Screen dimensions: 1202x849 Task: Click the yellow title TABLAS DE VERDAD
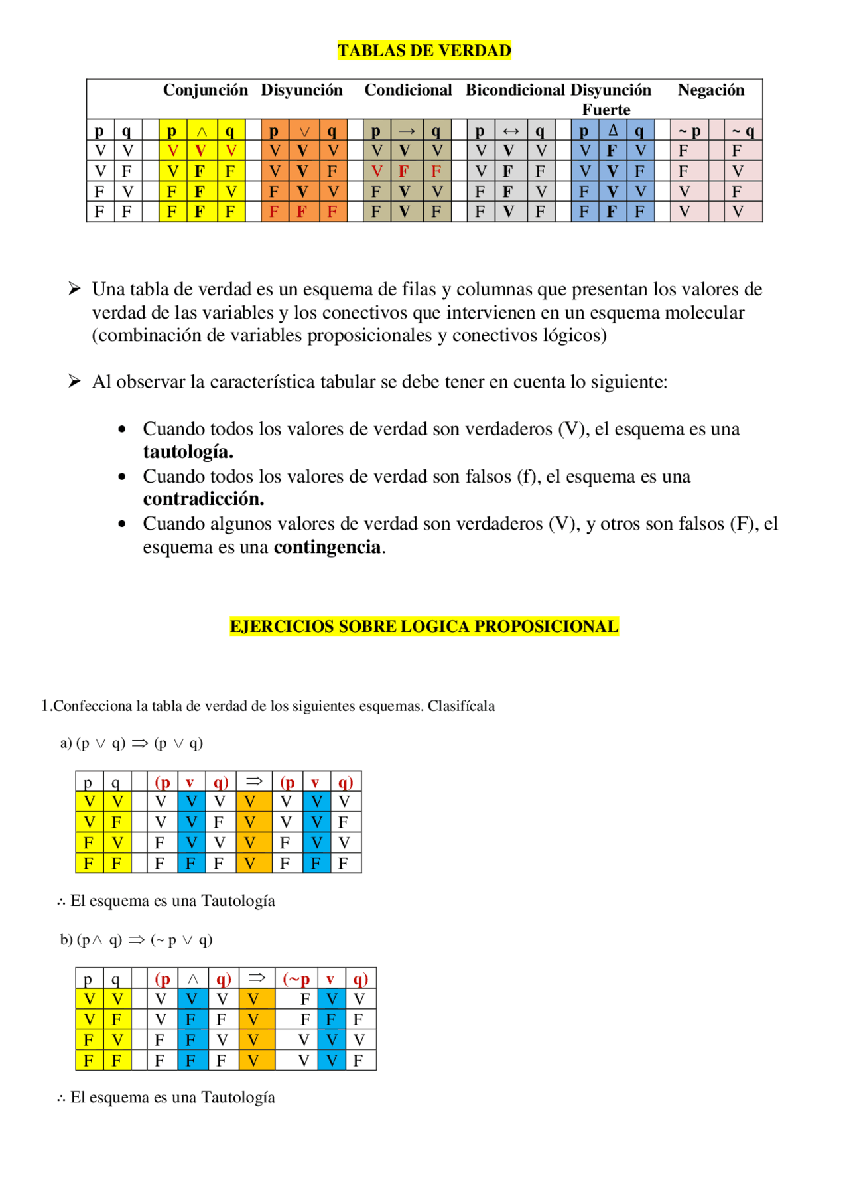(424, 51)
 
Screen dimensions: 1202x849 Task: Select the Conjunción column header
(206, 90)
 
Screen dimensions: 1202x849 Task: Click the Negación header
(710, 90)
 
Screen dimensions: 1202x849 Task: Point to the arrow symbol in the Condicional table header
(407, 131)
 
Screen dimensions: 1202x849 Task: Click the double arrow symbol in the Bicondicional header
(511, 131)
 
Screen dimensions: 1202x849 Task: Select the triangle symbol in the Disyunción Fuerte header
(613, 130)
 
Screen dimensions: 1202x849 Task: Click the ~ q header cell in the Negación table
(743, 131)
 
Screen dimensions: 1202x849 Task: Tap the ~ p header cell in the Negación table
(689, 131)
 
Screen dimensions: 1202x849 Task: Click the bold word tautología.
(188, 452)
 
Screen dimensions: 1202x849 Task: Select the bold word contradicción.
(203, 499)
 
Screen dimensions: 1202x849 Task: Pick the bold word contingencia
(328, 547)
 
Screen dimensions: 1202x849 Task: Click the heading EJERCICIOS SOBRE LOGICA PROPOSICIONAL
(424, 626)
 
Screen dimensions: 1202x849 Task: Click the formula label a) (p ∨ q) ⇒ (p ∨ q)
(131, 743)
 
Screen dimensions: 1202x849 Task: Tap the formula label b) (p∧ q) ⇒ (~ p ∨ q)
(136, 939)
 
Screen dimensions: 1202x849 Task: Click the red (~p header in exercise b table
(296, 978)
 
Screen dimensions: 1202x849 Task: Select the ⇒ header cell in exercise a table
(254, 781)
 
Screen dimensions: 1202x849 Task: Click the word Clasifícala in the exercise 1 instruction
(461, 706)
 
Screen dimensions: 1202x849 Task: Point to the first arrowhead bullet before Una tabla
(74, 289)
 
